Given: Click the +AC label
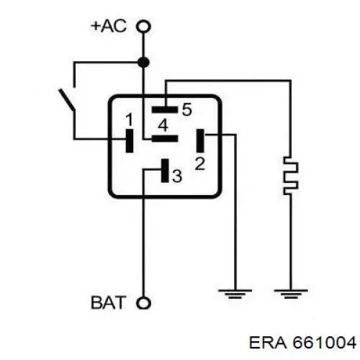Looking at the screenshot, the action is tap(109, 26).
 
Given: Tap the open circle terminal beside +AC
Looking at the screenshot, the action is tap(143, 26).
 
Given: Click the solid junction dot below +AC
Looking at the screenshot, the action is tap(143, 63).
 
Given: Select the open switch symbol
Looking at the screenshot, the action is tap(67, 100).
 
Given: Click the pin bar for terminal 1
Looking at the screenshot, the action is tap(130, 140).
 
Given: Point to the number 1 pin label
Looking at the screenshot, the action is tap(129, 120).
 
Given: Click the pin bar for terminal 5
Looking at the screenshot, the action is tap(165, 110).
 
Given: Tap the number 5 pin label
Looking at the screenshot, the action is tap(187, 109).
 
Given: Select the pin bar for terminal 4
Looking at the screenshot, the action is tap(165, 139).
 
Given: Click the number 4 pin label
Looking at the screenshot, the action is tap(163, 125).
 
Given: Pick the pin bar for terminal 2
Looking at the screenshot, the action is tap(200, 140).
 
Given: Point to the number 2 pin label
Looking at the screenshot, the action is tap(200, 163).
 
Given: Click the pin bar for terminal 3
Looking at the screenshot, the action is tap(165, 171).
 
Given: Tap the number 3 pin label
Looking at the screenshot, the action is tap(177, 176).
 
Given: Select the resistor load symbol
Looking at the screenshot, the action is tap(291, 176).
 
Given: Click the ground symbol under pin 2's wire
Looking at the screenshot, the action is tap(235, 294).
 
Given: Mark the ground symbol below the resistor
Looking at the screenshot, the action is tap(291, 294).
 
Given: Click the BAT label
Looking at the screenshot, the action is tap(109, 302).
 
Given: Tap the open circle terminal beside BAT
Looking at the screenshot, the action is tap(143, 303).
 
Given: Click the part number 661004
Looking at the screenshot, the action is tap(325, 343).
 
